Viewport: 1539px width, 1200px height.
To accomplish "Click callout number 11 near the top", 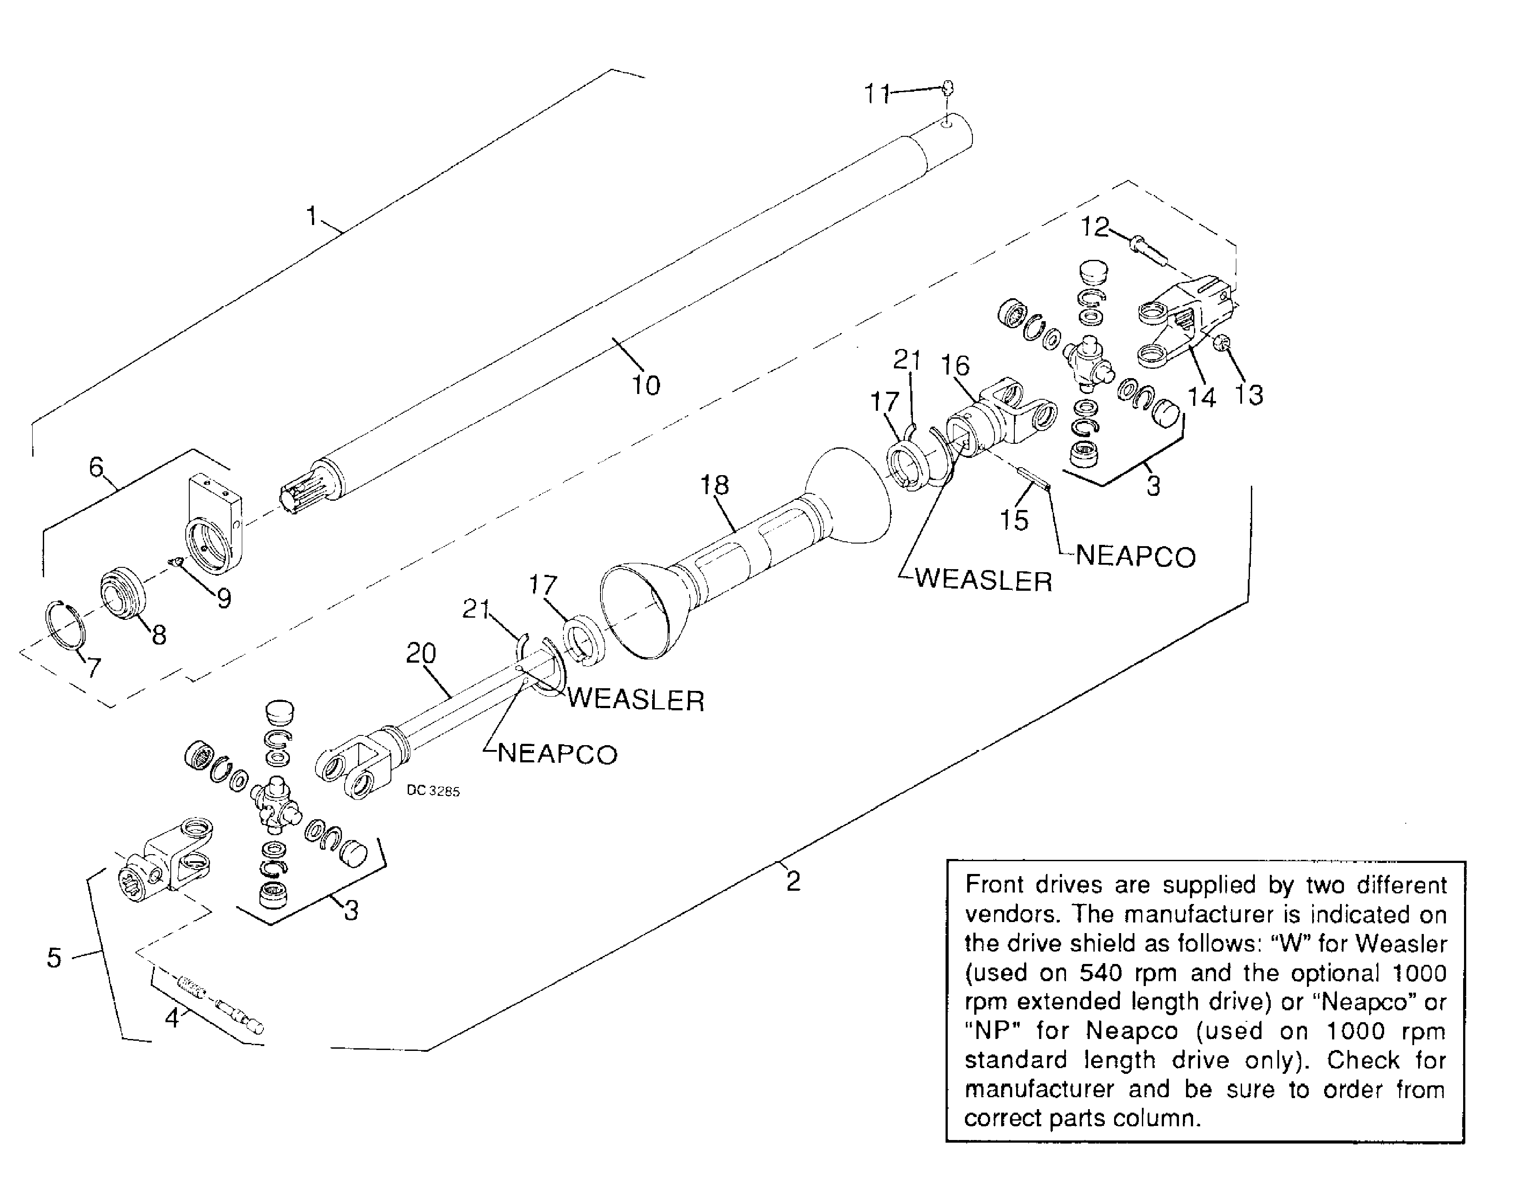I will click(877, 93).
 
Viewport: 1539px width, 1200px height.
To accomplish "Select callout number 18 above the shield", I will click(714, 485).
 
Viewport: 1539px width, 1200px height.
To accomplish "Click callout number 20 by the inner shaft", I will click(420, 653).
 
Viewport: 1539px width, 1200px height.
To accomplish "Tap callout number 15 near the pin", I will click(1014, 520).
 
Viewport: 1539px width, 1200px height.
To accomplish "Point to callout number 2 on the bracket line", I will click(793, 881).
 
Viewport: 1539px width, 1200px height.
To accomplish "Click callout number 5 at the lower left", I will click(54, 958).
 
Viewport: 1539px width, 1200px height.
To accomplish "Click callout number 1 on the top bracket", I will click(311, 216).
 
